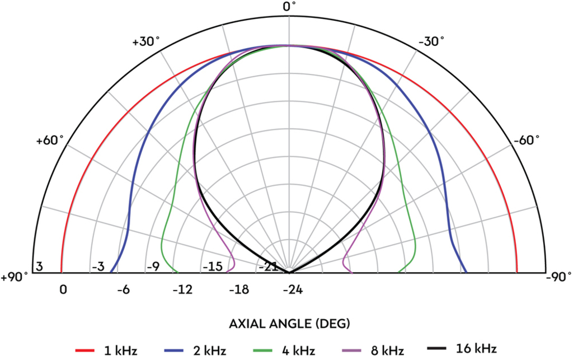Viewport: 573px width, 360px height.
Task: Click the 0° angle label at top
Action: click(289, 7)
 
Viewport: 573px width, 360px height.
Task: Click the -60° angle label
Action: click(527, 141)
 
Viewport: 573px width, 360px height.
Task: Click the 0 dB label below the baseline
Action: click(63, 290)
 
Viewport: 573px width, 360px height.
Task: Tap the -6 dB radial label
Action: click(123, 290)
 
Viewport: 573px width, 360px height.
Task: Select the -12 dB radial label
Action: click(182, 290)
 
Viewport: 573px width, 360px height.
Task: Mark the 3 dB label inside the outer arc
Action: click(39, 267)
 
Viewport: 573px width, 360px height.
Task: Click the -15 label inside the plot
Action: click(212, 267)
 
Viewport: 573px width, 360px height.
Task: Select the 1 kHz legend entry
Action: click(106, 350)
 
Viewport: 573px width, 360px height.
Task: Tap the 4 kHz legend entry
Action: click(283, 350)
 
